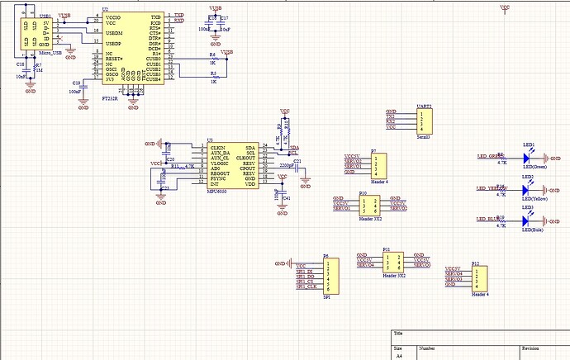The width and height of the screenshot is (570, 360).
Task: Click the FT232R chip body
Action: click(x=132, y=48)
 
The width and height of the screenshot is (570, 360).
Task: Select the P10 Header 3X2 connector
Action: click(x=371, y=206)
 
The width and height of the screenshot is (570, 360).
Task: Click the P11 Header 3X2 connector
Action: click(x=394, y=262)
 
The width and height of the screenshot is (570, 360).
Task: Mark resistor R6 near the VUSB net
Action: click(x=212, y=59)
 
